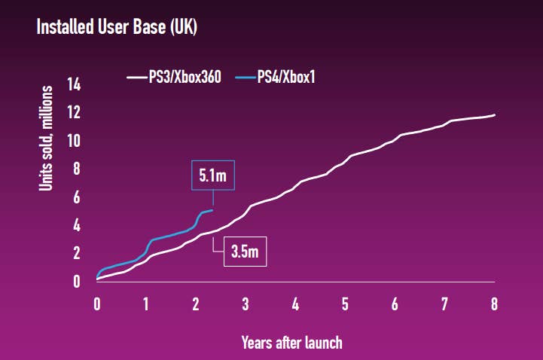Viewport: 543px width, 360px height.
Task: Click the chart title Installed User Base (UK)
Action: point(117,28)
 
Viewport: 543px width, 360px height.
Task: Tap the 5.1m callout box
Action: point(213,175)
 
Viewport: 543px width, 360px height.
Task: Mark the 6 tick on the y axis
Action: point(76,197)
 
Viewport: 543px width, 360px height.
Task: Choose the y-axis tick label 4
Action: point(76,225)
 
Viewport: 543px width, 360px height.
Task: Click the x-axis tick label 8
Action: point(494,304)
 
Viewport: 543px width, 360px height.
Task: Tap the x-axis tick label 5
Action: point(345,304)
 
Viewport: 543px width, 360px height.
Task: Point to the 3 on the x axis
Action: point(246,304)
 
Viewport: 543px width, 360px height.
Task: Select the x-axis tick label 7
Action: point(444,304)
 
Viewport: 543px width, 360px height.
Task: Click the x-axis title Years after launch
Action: point(291,343)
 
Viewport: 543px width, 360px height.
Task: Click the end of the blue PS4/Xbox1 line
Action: point(213,210)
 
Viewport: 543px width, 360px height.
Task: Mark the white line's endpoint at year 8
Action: point(494,114)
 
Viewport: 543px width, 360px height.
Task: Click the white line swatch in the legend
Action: point(136,76)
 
